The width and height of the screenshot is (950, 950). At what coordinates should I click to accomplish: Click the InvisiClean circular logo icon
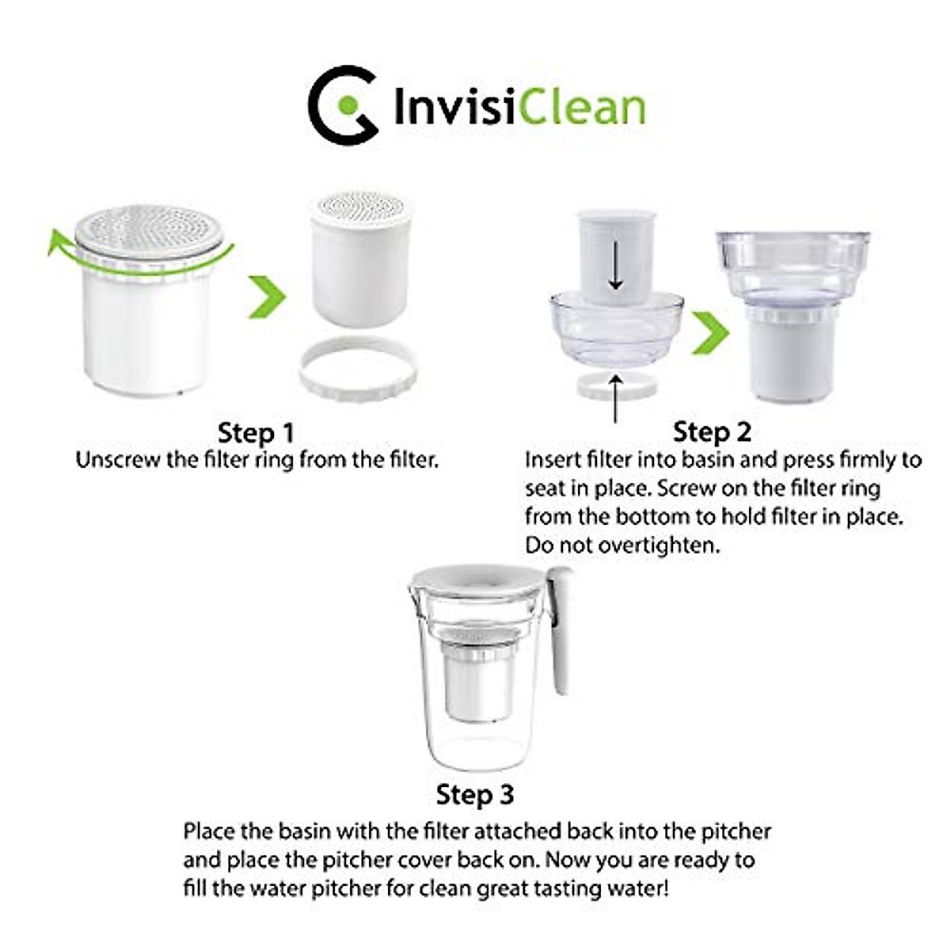click(x=342, y=104)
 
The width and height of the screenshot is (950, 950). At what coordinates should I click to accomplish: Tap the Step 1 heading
click(x=256, y=433)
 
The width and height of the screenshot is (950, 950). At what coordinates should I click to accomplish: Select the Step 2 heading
click(x=712, y=431)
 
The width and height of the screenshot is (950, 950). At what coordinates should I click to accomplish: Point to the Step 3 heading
click(x=475, y=794)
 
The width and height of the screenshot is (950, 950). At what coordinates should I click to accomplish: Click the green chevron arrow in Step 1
click(x=267, y=297)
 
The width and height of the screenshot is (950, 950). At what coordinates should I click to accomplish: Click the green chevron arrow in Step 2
click(x=710, y=332)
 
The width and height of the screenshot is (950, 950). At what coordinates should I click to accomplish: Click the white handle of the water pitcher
click(x=563, y=633)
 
